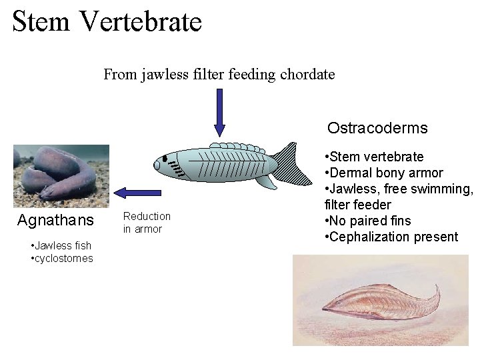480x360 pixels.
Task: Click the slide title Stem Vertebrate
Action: pos(107,21)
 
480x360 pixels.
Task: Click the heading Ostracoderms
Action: pos(377,127)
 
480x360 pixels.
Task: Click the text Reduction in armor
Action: pos(147,223)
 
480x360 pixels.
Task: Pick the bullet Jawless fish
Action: pos(63,246)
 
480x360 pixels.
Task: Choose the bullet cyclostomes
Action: pos(63,258)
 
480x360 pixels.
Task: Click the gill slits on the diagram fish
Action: pos(175,167)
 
